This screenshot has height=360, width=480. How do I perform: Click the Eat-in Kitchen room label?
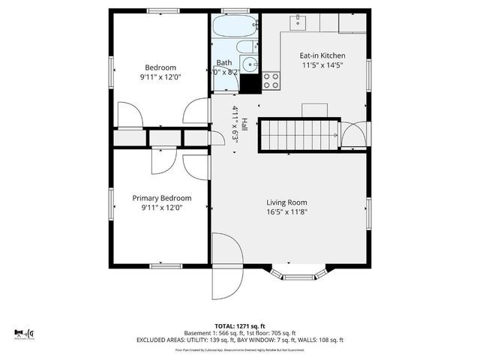tap(322, 55)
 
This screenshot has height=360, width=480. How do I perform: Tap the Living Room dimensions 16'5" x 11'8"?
tap(287, 212)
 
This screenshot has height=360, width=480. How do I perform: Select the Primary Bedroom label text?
tap(161, 198)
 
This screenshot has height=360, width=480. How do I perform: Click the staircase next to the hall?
tap(299, 135)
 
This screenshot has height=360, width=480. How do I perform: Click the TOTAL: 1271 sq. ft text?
tap(239, 326)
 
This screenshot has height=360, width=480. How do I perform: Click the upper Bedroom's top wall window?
tap(160, 10)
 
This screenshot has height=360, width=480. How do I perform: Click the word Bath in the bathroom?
tap(224, 63)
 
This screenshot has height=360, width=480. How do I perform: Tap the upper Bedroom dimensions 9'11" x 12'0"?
tap(161, 76)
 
